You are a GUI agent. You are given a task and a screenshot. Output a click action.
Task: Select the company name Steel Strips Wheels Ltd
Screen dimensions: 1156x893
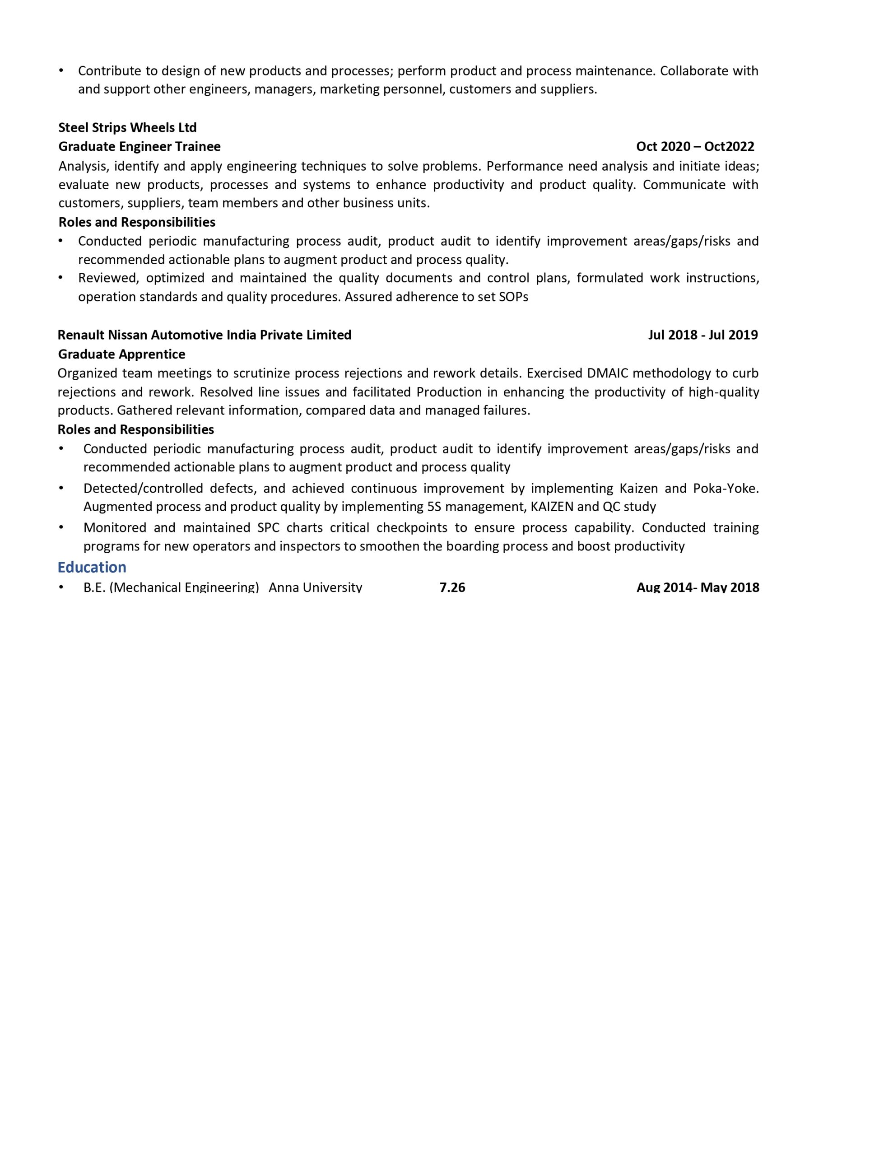(x=127, y=127)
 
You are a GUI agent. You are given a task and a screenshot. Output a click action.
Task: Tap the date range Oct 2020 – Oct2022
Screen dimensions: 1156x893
(x=695, y=147)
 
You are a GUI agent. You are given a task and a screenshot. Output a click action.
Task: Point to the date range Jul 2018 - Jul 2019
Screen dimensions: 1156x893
(x=702, y=335)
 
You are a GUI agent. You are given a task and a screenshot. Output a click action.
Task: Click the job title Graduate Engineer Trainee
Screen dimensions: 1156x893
(x=139, y=147)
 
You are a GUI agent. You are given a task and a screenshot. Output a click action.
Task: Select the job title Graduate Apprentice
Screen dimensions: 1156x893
(x=121, y=354)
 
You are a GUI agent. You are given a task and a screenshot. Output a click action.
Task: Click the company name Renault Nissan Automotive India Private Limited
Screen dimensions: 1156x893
(x=205, y=335)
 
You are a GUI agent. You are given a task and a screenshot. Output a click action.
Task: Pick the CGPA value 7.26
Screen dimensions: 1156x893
(x=452, y=587)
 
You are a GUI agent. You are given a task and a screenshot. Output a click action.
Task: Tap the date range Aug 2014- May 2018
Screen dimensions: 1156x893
(x=697, y=587)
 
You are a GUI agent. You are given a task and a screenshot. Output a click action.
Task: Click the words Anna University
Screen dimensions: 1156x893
(x=315, y=587)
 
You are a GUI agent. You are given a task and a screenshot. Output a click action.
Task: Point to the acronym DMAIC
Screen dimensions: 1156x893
(x=607, y=373)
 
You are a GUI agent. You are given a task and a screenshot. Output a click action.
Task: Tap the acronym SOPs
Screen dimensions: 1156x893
(x=513, y=297)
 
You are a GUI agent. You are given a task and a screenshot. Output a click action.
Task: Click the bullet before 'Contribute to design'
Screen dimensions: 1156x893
(x=61, y=70)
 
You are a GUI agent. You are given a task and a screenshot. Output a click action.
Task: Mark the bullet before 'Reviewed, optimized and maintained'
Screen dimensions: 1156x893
(x=61, y=277)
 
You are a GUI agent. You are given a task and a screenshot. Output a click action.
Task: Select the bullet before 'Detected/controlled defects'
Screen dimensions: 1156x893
(x=61, y=488)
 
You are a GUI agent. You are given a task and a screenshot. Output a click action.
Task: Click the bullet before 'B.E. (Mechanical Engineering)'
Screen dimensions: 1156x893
(x=61, y=587)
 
